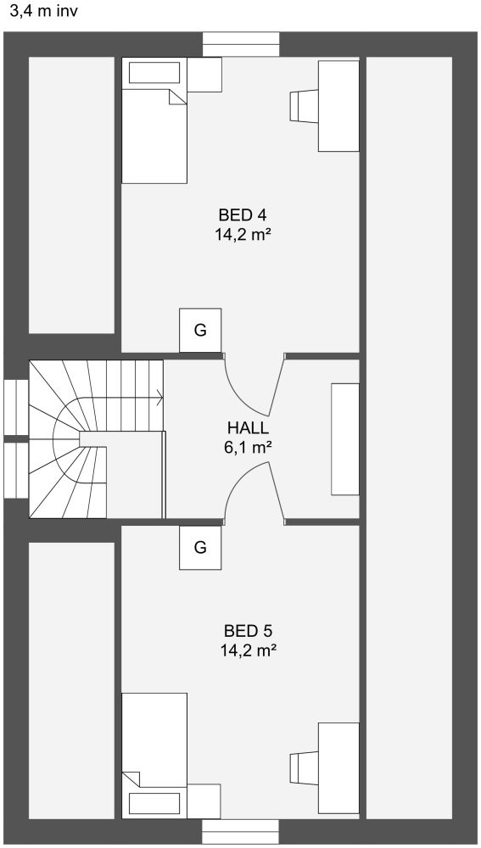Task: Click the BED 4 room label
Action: [243, 215]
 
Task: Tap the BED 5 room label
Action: [249, 631]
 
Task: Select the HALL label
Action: [248, 428]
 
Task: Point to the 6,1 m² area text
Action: [248, 448]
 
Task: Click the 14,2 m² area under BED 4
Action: [243, 235]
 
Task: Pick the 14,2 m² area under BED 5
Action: [249, 650]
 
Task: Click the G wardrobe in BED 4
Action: [200, 331]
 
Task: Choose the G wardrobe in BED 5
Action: [200, 547]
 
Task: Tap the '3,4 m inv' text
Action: [44, 11]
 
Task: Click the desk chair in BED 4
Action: [303, 105]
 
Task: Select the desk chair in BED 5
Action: [303, 767]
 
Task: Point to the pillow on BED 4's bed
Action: [154, 73]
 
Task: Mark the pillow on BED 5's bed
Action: [154, 804]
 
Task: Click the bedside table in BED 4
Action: [204, 74]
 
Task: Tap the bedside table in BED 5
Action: [204, 801]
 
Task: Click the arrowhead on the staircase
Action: [160, 398]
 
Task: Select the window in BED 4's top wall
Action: [241, 44]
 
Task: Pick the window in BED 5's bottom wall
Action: [241, 831]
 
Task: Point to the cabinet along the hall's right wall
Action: [345, 439]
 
